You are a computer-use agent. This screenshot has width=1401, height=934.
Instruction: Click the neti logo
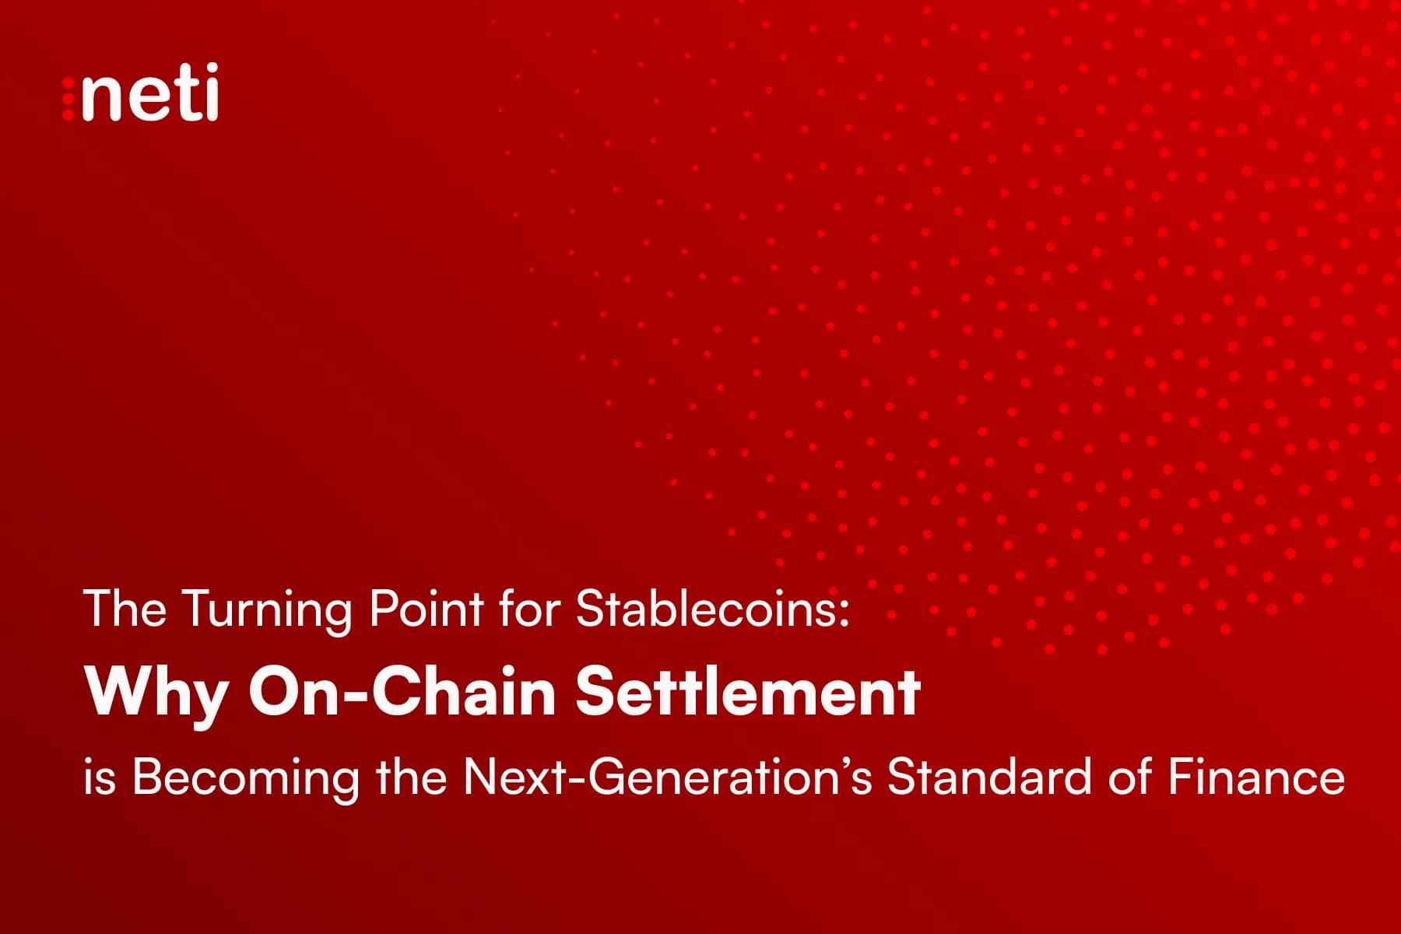click(x=141, y=93)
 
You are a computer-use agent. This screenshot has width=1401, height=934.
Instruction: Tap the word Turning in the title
click(x=267, y=609)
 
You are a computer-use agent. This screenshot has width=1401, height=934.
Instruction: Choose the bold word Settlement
click(x=748, y=691)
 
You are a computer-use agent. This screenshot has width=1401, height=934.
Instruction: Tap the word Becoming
click(x=246, y=778)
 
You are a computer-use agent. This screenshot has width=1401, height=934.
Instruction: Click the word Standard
click(x=989, y=776)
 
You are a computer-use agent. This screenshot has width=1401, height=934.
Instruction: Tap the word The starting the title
click(x=125, y=609)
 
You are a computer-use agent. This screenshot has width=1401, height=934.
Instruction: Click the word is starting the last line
click(x=100, y=778)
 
